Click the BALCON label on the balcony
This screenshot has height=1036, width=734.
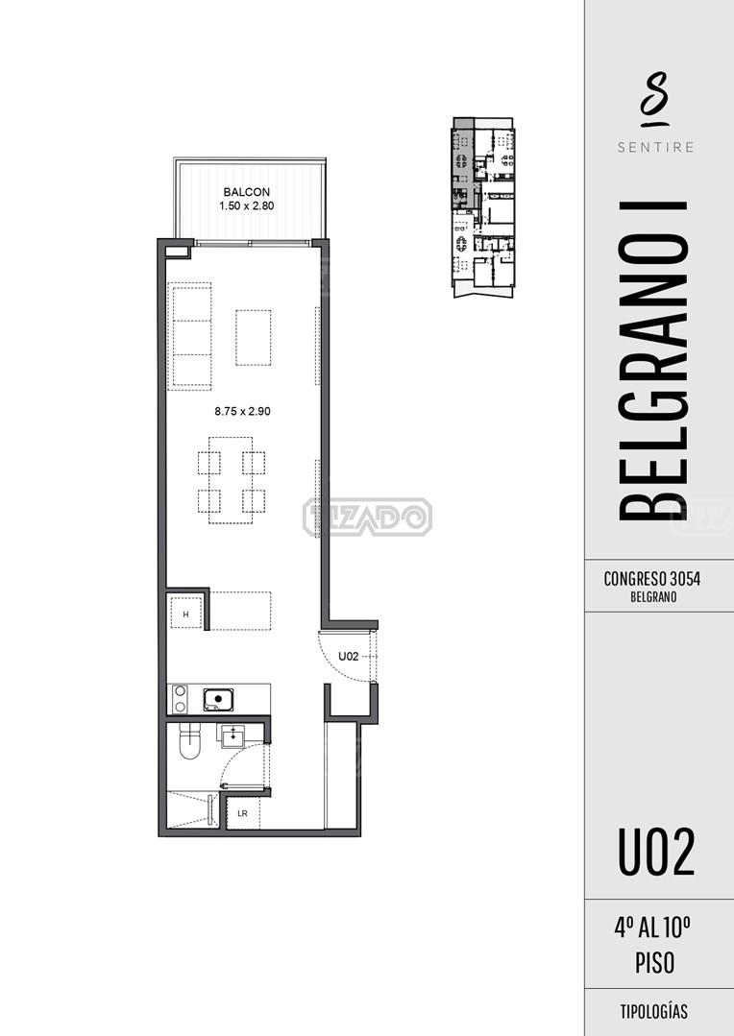246,192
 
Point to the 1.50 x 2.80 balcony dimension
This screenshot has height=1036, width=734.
246,205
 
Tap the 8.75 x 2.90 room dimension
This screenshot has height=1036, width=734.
242,411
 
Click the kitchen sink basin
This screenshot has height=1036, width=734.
218,699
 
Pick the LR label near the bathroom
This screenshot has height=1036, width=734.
243,813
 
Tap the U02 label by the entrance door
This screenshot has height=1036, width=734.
349,656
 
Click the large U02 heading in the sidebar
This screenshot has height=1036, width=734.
656,853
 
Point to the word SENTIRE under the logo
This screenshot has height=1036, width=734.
656,147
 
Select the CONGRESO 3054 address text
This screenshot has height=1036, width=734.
652,579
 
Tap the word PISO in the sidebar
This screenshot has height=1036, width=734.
654,963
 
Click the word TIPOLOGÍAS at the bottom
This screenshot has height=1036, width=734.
654,1012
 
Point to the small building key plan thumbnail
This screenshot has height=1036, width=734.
483,207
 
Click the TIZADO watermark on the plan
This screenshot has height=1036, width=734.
368,517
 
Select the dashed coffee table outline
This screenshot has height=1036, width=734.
254,338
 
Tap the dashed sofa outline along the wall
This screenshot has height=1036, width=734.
190,336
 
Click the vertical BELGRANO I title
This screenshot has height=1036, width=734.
654,361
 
